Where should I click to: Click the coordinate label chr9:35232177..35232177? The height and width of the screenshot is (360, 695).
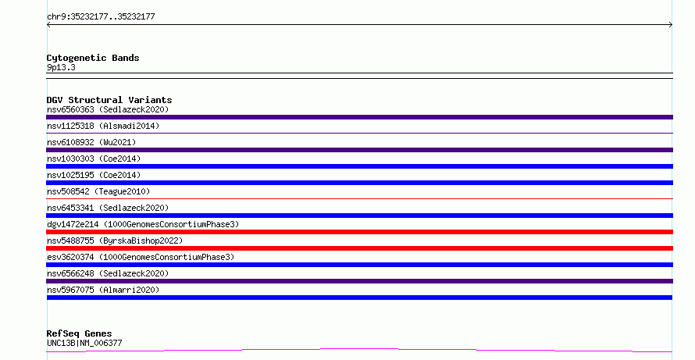pos(101,17)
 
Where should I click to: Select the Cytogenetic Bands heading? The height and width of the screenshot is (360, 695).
pos(93,58)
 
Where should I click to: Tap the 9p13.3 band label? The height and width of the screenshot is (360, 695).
pos(61,67)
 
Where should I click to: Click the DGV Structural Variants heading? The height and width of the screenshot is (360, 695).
pos(109,100)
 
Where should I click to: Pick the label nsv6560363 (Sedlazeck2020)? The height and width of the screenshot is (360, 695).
pos(108,109)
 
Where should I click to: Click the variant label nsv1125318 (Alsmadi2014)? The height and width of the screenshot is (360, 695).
pos(103,126)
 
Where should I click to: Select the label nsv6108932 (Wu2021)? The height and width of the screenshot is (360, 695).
pos(91,142)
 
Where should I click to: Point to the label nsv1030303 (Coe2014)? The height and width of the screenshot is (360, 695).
pos(94,159)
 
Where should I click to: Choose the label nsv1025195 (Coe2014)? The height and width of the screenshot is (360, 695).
pos(94,175)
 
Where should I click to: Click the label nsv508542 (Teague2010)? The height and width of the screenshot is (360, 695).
pos(98,191)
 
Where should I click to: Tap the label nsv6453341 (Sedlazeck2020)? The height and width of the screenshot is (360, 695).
pos(108,208)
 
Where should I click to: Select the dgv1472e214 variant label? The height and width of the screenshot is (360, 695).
pos(143,224)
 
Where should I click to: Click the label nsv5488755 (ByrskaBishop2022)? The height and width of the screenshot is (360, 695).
pos(115,241)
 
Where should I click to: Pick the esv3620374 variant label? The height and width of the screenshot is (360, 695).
pos(141,257)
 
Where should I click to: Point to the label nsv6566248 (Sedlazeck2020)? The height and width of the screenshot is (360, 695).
pos(108,273)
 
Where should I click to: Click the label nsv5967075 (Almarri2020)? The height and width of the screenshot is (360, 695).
pos(103,290)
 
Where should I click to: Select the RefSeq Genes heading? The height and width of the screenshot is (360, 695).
pos(80,333)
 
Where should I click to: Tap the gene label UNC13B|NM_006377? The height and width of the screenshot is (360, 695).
pos(84,343)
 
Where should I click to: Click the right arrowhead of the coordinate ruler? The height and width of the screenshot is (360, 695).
pos(672,25)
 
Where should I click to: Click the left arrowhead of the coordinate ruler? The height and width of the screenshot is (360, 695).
pos(48,25)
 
